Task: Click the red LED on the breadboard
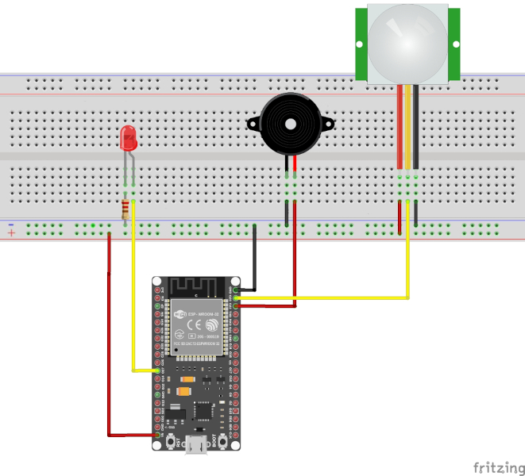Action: (128, 139)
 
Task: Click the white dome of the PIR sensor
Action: (407, 40)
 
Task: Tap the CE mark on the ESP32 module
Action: (180, 333)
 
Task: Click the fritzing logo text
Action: (499, 466)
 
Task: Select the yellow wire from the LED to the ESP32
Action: (133, 301)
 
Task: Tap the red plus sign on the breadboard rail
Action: (11, 233)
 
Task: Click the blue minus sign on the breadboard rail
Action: (11, 225)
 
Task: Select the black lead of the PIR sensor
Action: (416, 127)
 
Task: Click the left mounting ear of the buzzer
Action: (253, 124)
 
